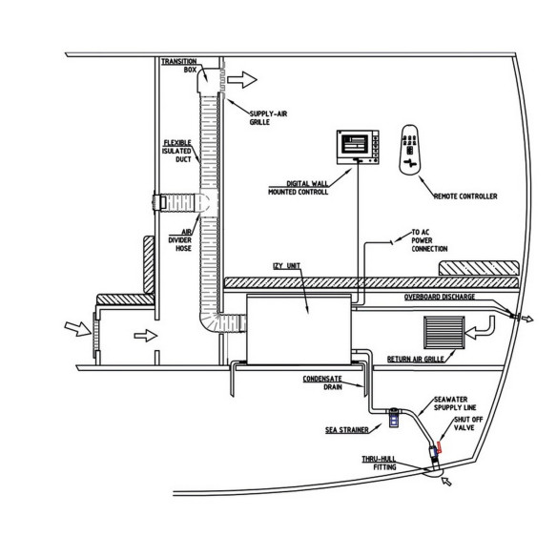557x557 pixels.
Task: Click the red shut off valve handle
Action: [439, 447]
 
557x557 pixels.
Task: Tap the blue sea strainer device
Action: [394, 418]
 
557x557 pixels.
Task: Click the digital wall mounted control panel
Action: [358, 147]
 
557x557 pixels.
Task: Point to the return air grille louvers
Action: [444, 333]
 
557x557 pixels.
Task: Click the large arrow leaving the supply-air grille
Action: [242, 79]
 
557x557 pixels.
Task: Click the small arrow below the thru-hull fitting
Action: [446, 482]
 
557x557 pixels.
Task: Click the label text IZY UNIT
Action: [286, 266]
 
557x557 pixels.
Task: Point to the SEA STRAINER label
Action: [347, 430]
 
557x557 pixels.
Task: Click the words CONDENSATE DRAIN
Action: [322, 383]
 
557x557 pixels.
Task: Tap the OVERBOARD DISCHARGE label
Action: [440, 297]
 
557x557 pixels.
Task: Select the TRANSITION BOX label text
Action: [179, 66]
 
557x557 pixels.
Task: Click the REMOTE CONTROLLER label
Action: [465, 196]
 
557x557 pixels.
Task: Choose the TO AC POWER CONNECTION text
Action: [429, 240]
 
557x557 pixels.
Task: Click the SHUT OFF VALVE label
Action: [468, 423]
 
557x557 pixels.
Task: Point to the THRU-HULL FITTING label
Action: [379, 463]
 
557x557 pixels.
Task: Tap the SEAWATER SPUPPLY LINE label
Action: [455, 403]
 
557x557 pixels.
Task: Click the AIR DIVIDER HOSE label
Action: [180, 240]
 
